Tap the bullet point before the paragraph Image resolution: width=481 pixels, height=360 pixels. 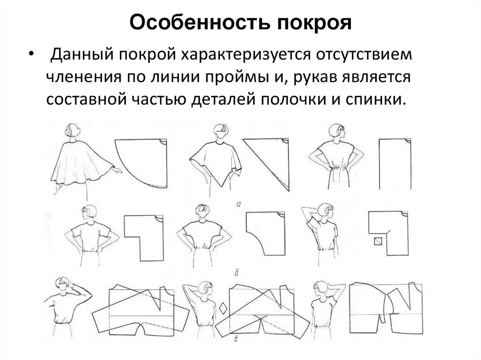(31, 55)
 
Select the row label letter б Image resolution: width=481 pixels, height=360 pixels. (240, 271)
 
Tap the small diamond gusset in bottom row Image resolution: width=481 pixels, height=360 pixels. (222, 309)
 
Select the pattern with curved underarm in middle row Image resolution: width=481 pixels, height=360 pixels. (264, 232)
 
